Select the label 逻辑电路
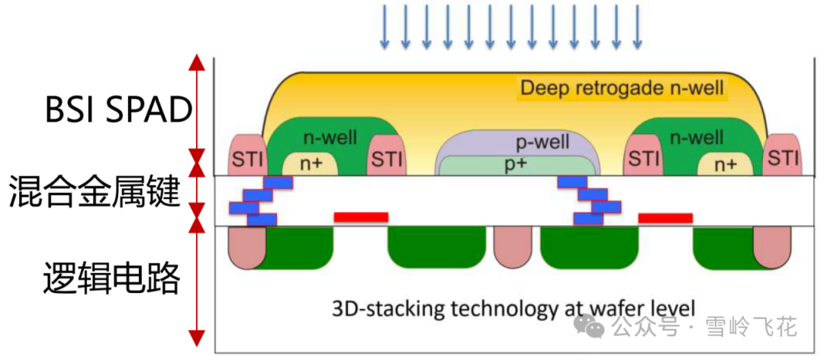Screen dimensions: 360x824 (x=110, y=279)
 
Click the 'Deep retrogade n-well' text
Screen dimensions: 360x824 (x=622, y=88)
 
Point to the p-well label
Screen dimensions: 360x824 (x=517, y=142)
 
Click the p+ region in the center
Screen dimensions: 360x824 (x=517, y=163)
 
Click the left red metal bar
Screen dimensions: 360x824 (x=361, y=217)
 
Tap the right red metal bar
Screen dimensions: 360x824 (x=665, y=218)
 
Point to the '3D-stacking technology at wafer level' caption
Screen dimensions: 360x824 (x=514, y=309)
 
